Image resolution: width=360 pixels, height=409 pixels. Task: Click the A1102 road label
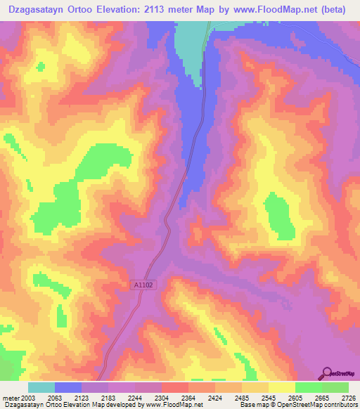[141, 285]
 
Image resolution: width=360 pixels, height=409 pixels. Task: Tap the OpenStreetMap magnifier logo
[327, 372]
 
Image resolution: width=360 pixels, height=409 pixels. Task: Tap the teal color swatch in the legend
[41, 387]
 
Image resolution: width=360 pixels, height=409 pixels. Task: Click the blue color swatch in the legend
[68, 387]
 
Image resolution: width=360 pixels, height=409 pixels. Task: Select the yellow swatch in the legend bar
[281, 387]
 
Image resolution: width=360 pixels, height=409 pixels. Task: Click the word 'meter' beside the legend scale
[11, 397]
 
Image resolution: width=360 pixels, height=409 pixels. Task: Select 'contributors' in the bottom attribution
[340, 405]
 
